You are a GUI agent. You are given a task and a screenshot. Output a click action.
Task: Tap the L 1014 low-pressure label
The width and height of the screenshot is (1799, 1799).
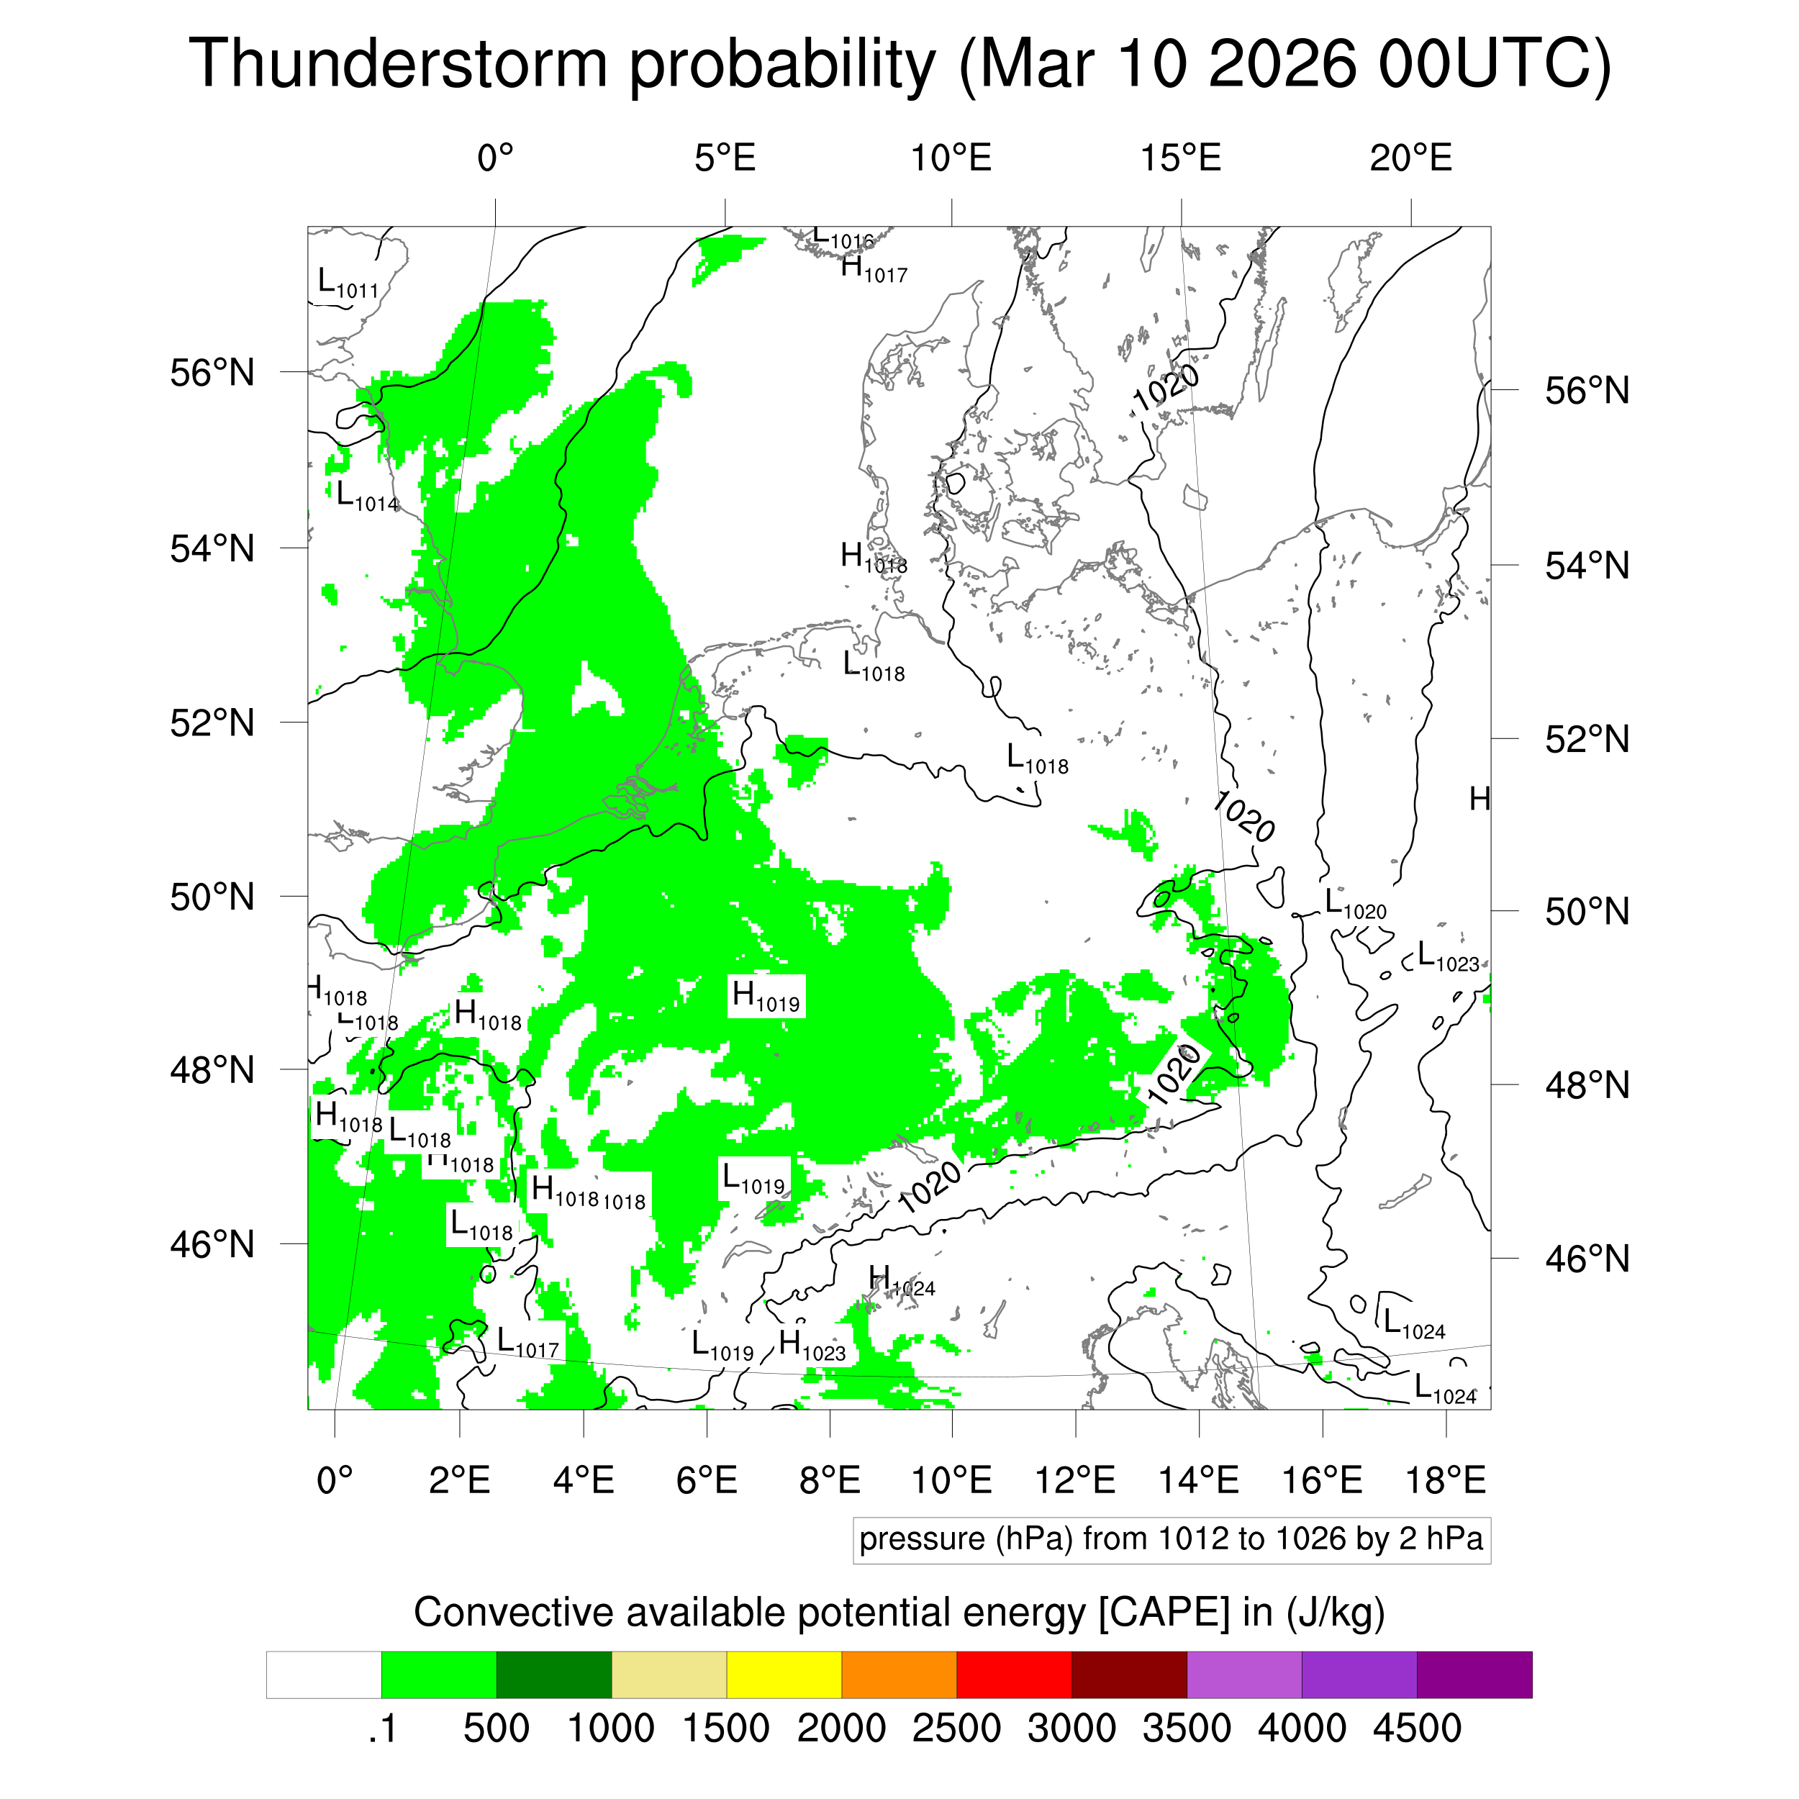pyautogui.click(x=367, y=497)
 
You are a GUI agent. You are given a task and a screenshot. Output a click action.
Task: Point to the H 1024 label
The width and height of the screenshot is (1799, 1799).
pyautogui.click(x=900, y=1282)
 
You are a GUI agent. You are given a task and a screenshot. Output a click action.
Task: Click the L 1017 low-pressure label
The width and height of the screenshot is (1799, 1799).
pyautogui.click(x=527, y=1343)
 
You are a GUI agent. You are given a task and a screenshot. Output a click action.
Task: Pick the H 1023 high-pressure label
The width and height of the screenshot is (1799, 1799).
pyautogui.click(x=812, y=1346)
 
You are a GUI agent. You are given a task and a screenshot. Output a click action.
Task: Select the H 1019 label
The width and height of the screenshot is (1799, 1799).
pyautogui.click(x=766, y=997)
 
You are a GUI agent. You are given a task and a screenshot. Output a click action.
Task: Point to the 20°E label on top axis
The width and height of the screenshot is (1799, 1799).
pyautogui.click(x=1410, y=158)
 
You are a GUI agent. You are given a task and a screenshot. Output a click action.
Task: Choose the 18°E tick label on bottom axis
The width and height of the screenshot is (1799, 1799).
pyautogui.click(x=1445, y=1479)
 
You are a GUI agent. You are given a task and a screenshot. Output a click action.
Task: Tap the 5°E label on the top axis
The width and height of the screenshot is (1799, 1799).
pyautogui.click(x=725, y=158)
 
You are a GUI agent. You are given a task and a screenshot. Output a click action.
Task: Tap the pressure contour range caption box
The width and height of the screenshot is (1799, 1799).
pyautogui.click(x=1171, y=1539)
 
